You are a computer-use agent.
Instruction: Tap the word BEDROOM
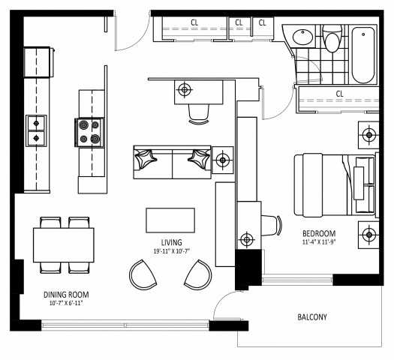tap(319, 232)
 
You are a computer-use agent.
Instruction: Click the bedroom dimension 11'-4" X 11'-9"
tap(319, 242)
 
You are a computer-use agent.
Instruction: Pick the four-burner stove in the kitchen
tap(89, 133)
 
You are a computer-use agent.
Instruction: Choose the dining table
tap(64, 244)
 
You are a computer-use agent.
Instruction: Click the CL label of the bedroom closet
tap(339, 94)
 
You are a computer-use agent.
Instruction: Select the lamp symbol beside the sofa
tap(223, 160)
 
